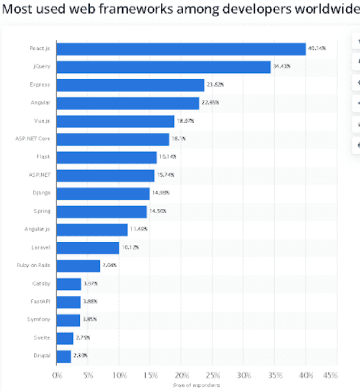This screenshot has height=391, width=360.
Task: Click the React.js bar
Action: point(181,48)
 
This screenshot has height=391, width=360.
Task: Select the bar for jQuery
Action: point(163,66)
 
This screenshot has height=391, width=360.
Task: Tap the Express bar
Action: point(130,85)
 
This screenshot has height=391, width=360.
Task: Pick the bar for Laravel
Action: point(88,248)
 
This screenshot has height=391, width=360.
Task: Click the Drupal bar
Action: point(64,356)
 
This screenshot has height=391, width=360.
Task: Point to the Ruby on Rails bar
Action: point(79,265)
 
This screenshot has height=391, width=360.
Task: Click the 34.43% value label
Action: point(281,66)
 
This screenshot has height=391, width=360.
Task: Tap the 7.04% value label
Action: point(110,266)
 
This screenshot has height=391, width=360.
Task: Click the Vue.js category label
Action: point(41,121)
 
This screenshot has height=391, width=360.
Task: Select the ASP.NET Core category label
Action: point(33,139)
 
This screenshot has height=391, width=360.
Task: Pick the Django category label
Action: point(41,193)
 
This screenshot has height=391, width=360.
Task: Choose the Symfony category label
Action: point(39,319)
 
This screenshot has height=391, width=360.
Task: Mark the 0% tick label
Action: point(58,375)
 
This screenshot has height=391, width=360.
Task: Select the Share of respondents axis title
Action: point(197,385)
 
